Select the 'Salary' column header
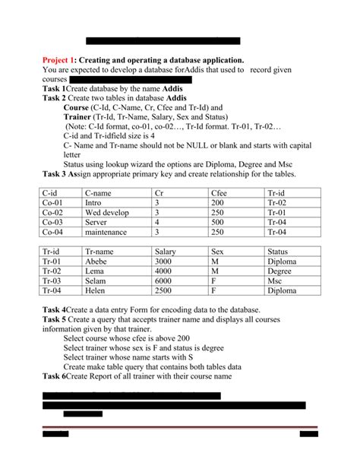coord(166,250)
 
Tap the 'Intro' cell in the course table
coord(93,203)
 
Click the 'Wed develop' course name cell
coord(107,213)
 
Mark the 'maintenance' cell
coord(106,232)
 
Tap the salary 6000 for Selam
coord(164,280)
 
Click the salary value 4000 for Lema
coord(164,270)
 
